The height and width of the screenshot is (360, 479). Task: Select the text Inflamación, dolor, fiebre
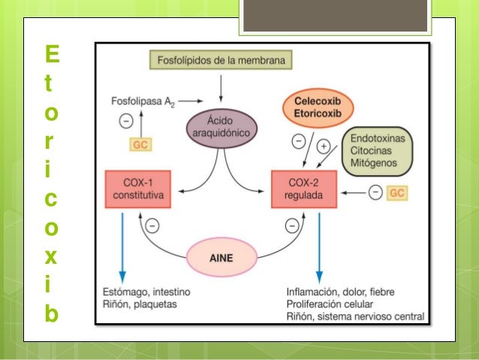(339, 291)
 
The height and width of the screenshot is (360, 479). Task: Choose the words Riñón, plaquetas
(141, 304)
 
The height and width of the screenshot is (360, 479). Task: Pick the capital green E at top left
(51, 55)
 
